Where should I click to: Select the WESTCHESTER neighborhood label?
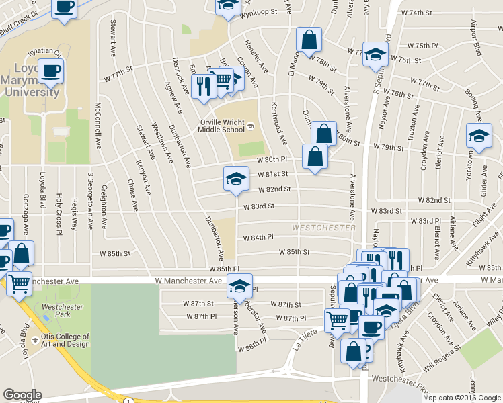pyautogui.click(x=323, y=228)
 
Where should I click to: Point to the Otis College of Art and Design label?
pyautogui.click(x=65, y=340)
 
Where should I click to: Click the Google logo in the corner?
pyautogui.click(x=22, y=395)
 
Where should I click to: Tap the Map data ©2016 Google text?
pyautogui.click(x=461, y=397)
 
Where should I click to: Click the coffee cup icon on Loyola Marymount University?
pyautogui.click(x=50, y=70)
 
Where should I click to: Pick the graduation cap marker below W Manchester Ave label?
pyautogui.click(x=239, y=286)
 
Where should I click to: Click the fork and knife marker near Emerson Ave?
pyautogui.click(x=202, y=86)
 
